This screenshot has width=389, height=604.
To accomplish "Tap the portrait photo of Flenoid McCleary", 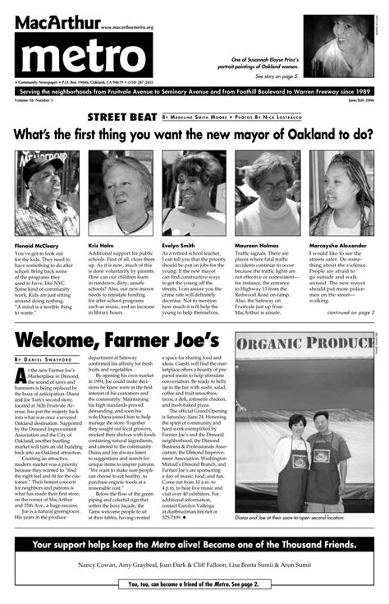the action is [x=47, y=192].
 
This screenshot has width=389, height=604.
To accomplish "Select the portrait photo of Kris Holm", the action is [x=120, y=192].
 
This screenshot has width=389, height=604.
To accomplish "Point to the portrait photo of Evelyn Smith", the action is [x=194, y=192].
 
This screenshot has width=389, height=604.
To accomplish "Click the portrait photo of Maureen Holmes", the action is [x=268, y=192].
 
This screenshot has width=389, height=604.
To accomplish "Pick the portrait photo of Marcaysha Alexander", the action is [x=341, y=192].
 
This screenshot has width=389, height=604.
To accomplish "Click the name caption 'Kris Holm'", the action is [x=103, y=245].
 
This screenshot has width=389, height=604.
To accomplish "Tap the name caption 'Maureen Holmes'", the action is [x=260, y=245].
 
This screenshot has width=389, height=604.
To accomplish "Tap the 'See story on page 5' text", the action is [x=276, y=76].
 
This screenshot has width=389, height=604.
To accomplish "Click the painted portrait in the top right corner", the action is [x=338, y=46].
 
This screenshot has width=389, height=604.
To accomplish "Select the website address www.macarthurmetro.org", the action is [x=127, y=27].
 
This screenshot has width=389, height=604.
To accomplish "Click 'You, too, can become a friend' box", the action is [x=194, y=584].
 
